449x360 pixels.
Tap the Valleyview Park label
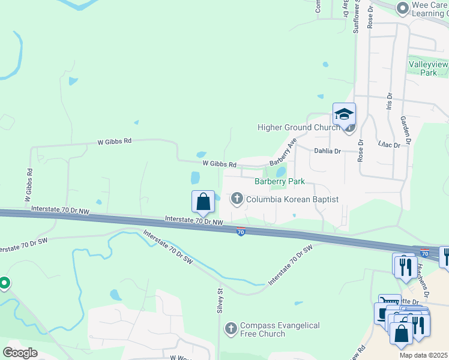(x=429, y=68)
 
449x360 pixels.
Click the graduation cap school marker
(x=345, y=114)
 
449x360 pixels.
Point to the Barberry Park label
(x=280, y=181)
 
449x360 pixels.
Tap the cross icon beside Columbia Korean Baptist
(x=237, y=199)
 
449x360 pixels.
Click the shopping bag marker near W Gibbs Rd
(x=203, y=202)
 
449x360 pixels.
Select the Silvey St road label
(x=220, y=301)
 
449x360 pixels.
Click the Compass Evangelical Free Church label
(x=279, y=329)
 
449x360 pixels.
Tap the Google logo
(x=20, y=353)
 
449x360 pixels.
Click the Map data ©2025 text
(x=424, y=355)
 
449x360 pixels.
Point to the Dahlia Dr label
(x=327, y=151)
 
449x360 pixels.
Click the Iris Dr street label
(x=389, y=100)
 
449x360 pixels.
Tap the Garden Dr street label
(x=405, y=131)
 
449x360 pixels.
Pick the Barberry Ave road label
(x=283, y=152)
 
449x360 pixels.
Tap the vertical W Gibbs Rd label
(x=28, y=185)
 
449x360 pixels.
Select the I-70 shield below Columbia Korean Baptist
(x=240, y=232)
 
